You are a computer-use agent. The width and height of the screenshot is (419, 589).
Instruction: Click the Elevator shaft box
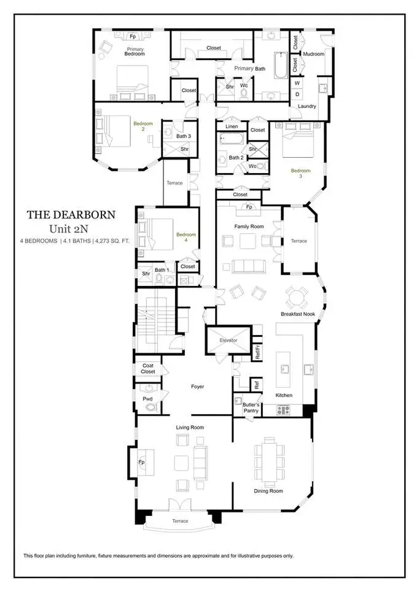228,341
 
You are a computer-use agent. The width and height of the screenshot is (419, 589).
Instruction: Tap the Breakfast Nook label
297,314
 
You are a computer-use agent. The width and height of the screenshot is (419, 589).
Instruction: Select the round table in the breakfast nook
297,298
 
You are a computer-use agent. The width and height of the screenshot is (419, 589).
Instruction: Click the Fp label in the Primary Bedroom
133,37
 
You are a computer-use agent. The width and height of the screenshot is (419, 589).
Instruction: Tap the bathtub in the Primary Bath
280,66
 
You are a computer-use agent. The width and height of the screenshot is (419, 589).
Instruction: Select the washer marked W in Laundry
297,83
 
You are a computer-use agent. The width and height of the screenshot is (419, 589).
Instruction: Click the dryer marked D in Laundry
297,94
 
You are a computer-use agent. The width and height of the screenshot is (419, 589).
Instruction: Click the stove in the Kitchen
283,410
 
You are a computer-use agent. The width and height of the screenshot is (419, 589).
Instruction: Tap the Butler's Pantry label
251,407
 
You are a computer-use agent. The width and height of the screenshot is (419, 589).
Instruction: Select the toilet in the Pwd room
151,407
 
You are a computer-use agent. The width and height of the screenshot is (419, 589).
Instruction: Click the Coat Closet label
148,369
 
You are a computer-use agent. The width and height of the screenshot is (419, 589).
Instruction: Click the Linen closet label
232,126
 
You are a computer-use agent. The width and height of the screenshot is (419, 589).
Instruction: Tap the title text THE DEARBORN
71,215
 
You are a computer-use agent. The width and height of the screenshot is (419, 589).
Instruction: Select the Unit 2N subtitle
68,228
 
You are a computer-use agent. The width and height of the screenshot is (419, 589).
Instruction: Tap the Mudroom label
314,54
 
